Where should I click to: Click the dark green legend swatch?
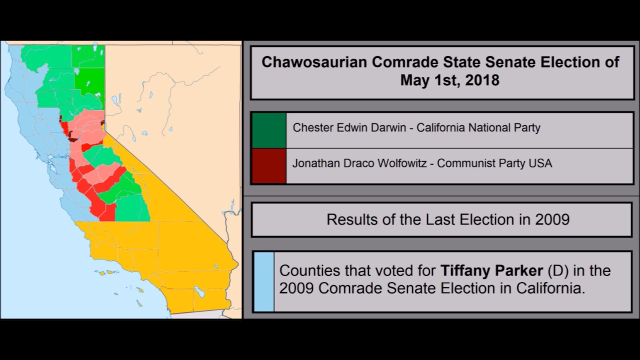[269, 130]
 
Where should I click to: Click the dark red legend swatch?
[269, 166]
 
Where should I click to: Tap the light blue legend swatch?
[264, 282]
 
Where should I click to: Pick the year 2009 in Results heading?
[550, 219]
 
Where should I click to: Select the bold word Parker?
[519, 271]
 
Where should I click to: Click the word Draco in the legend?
[356, 163]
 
